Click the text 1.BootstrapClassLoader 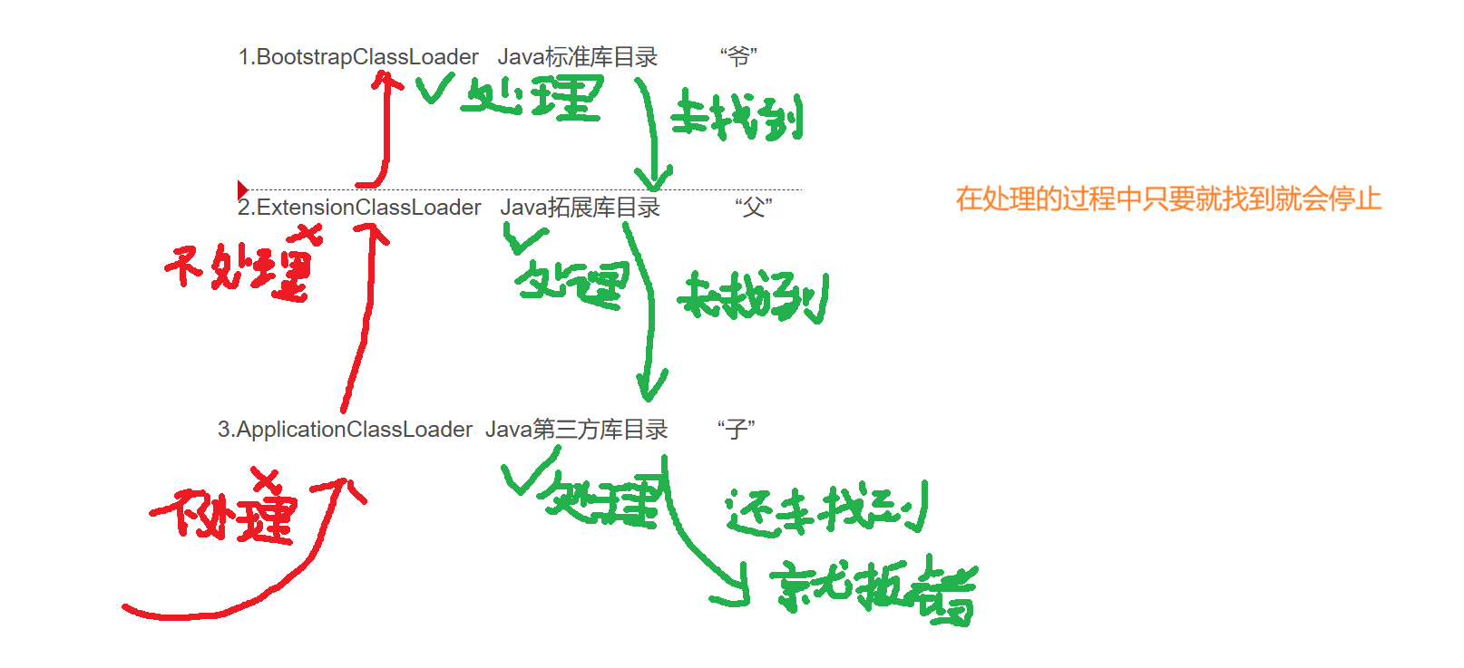click(358, 57)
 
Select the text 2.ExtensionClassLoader click(359, 208)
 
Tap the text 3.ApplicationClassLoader click(345, 430)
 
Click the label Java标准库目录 click(578, 57)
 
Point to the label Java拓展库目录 click(580, 208)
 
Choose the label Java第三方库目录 click(576, 430)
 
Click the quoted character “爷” click(738, 57)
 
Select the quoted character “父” click(753, 208)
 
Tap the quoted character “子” click(736, 430)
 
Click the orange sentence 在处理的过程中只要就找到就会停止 click(1168, 198)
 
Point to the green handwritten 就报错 click(873, 591)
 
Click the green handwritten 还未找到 click(825, 509)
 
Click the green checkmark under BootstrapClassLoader click(434, 89)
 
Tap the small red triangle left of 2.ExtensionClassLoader click(242, 189)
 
